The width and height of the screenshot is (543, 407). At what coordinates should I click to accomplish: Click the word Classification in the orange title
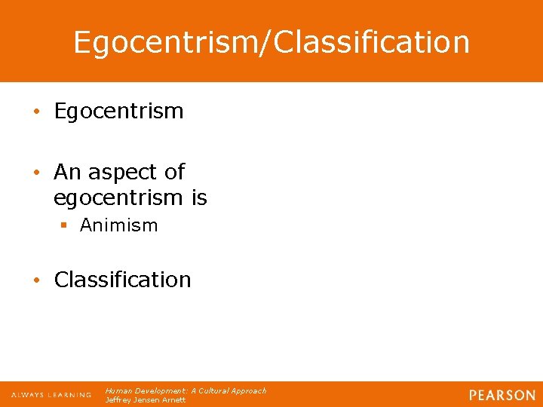click(x=372, y=42)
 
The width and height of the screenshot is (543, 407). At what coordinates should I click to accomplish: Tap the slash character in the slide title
click(x=268, y=42)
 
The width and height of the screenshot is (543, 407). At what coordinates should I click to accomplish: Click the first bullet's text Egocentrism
click(x=118, y=112)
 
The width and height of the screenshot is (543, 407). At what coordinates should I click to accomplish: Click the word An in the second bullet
click(x=67, y=173)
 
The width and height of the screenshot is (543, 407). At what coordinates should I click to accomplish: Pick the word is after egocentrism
click(x=199, y=197)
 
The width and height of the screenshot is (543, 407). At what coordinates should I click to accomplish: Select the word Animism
click(x=118, y=225)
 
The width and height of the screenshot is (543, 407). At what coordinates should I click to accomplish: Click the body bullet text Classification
click(x=122, y=280)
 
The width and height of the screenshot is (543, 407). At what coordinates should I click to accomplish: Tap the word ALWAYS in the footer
click(x=28, y=395)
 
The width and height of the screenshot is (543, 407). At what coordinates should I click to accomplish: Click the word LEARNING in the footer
click(x=69, y=395)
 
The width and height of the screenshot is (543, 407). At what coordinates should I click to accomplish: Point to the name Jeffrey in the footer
click(x=118, y=400)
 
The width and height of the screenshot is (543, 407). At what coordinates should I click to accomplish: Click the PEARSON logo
click(x=502, y=395)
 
